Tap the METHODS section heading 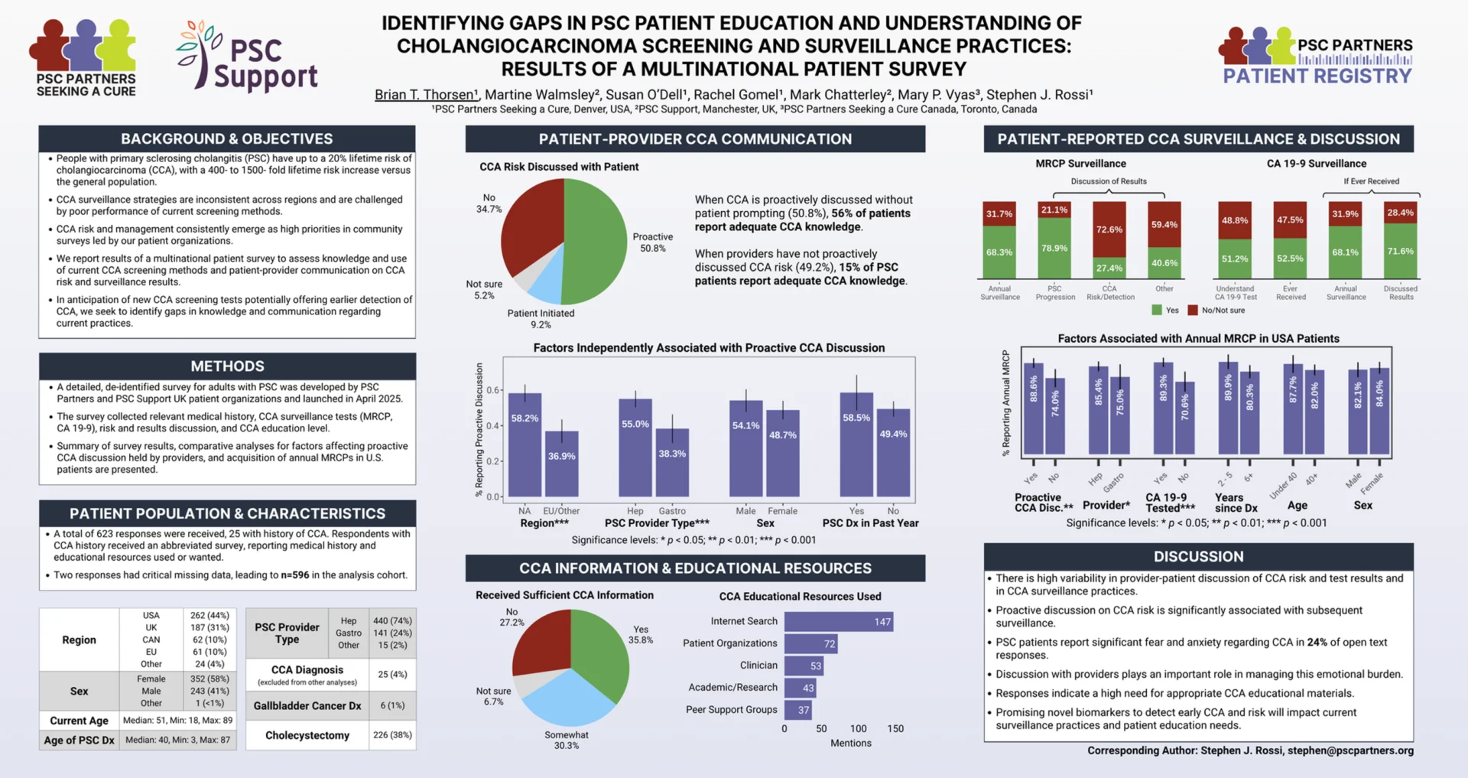pyautogui.click(x=227, y=366)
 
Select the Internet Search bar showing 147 pyautogui.click(x=838, y=622)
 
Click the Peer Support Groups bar pyautogui.click(x=797, y=710)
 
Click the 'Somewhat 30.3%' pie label pyautogui.click(x=567, y=740)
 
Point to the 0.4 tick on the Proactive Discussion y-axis pyautogui.click(x=494, y=425)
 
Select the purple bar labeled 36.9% pyautogui.click(x=561, y=464)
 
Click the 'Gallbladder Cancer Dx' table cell pyautogui.click(x=307, y=705)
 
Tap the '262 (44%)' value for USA pyautogui.click(x=209, y=615)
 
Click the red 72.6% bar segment pyautogui.click(x=1109, y=229)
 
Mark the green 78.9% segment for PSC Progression pyautogui.click(x=1054, y=249)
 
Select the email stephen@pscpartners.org pyautogui.click(x=1350, y=750)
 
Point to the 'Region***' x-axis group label pyautogui.click(x=544, y=523)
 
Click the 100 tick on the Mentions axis pyautogui.click(x=858, y=729)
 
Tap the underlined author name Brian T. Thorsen pyautogui.click(x=425, y=95)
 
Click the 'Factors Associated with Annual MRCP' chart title pyautogui.click(x=1198, y=338)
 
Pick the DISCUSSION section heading pyautogui.click(x=1198, y=557)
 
